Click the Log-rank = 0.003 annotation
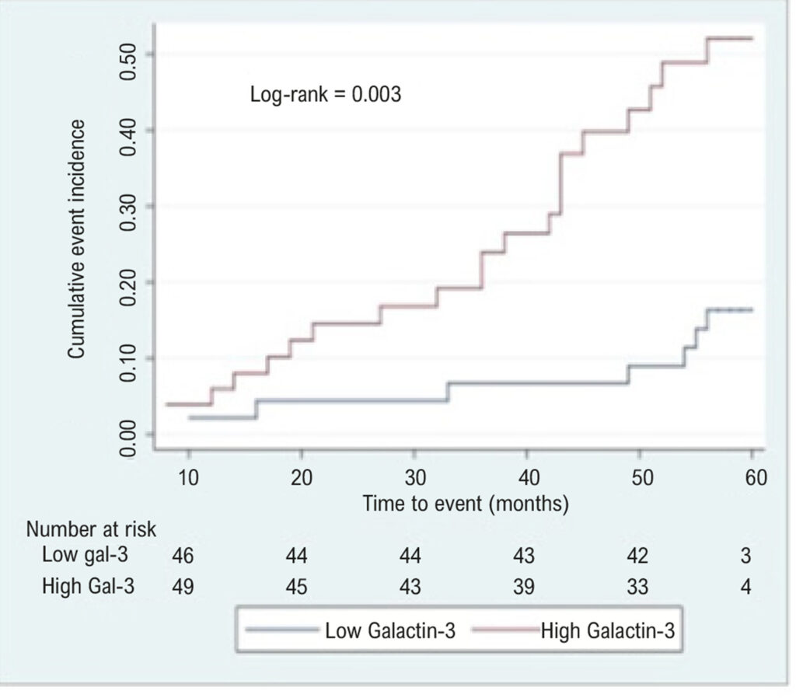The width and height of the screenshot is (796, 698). click(x=326, y=94)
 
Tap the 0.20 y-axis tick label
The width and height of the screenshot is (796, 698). click(x=127, y=288)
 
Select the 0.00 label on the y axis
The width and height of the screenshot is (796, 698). click(x=127, y=440)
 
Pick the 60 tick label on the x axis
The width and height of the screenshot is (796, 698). click(x=756, y=477)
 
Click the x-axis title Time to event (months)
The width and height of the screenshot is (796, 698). click(x=466, y=504)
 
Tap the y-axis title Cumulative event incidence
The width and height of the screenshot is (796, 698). click(x=76, y=239)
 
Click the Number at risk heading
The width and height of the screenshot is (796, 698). click(x=91, y=529)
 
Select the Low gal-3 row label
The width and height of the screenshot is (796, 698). click(x=85, y=554)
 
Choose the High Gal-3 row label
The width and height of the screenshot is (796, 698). click(x=88, y=586)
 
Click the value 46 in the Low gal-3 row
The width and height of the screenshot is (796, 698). click(x=183, y=556)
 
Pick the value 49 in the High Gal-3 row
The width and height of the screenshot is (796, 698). click(x=183, y=587)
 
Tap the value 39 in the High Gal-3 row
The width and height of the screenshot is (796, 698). click(x=524, y=587)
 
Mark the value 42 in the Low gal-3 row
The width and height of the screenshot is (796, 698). click(x=637, y=556)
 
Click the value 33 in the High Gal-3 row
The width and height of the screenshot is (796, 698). click(x=637, y=587)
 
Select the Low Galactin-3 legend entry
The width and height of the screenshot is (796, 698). click(x=351, y=630)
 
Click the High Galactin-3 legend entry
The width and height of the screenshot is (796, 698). click(x=574, y=630)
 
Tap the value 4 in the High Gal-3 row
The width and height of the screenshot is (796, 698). click(x=745, y=587)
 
